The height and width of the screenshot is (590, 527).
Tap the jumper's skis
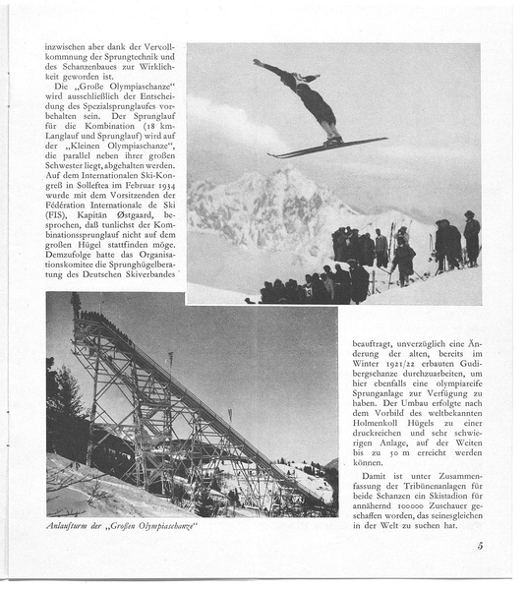326,147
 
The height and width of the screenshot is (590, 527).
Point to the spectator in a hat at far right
471,235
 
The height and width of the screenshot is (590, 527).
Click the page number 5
479,546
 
